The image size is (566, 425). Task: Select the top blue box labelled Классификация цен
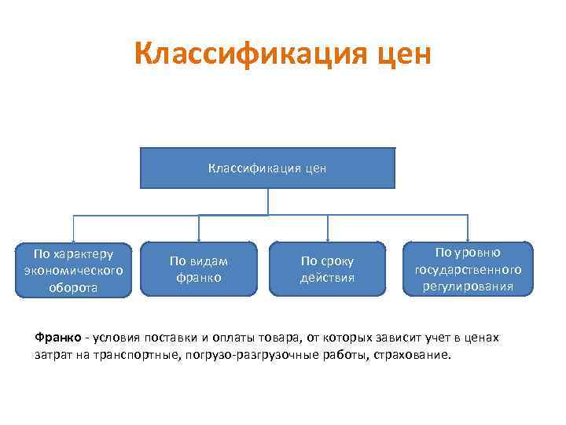click(x=267, y=168)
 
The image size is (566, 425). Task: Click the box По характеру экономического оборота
click(x=73, y=269)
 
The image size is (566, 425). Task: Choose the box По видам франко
click(x=199, y=269)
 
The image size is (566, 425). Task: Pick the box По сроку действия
click(x=327, y=269)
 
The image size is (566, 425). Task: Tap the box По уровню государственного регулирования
click(x=468, y=268)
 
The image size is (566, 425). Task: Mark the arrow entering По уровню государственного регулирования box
click(x=468, y=235)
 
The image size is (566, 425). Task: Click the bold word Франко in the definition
click(x=57, y=338)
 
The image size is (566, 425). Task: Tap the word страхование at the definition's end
click(x=414, y=354)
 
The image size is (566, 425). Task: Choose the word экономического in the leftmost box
click(x=73, y=270)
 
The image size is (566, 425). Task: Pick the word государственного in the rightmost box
click(x=468, y=269)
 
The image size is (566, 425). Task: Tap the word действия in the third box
click(x=327, y=277)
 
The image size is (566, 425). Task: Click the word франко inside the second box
click(x=199, y=277)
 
